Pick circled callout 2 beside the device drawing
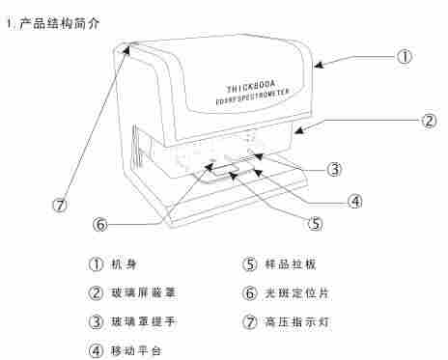[429, 122]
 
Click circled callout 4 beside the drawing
[355, 201]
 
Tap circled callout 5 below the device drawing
[315, 222]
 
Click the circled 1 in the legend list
[95, 263]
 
